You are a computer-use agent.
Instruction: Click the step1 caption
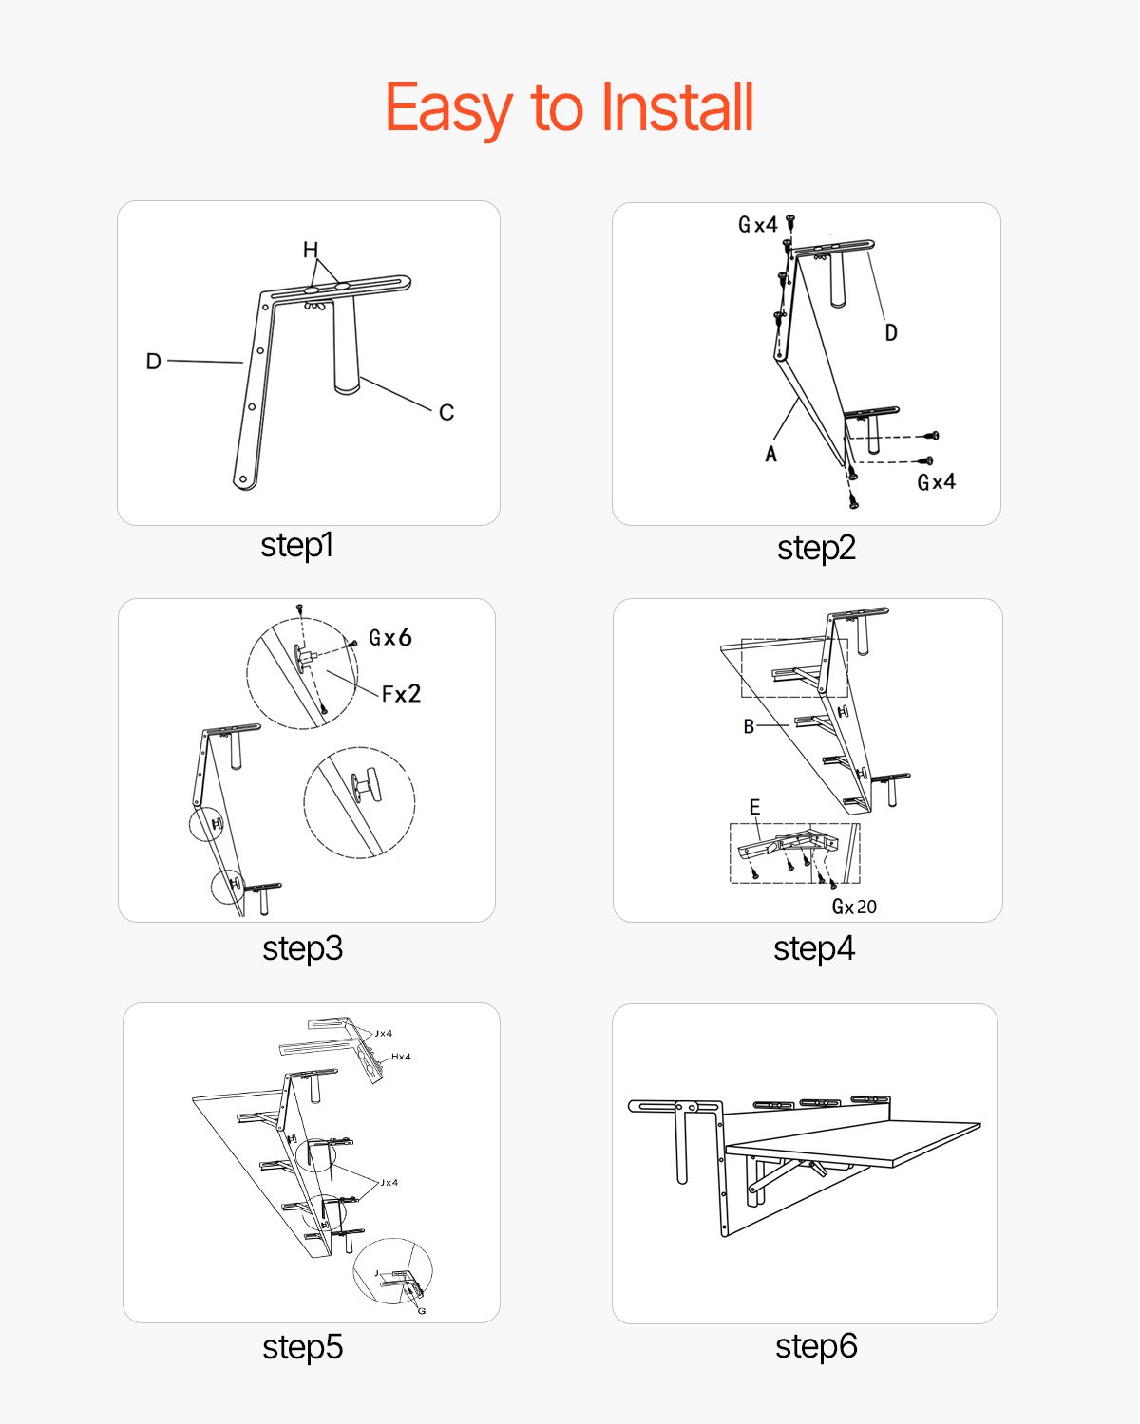tap(296, 546)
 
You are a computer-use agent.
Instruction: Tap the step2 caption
tap(816, 548)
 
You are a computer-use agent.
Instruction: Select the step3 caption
tap(302, 948)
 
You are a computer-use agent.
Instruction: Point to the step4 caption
tap(814, 948)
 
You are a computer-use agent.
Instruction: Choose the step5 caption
tap(302, 1347)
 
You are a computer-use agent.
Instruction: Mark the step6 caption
tap(816, 1346)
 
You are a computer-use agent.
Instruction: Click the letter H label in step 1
tap(311, 250)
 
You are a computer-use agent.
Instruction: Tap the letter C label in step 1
tap(446, 413)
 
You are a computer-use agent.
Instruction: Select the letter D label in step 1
tap(153, 362)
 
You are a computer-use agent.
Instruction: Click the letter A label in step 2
tap(771, 455)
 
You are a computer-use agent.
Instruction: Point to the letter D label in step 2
tap(891, 332)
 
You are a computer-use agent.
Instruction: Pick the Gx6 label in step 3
tap(390, 638)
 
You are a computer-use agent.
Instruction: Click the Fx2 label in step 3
tap(401, 694)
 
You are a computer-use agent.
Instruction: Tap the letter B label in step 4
tap(749, 726)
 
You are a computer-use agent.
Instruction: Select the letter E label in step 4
tap(754, 807)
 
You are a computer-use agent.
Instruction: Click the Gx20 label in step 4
tap(854, 908)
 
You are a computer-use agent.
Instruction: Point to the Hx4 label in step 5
tap(401, 1057)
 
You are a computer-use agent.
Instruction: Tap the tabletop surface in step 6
tap(855, 1139)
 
